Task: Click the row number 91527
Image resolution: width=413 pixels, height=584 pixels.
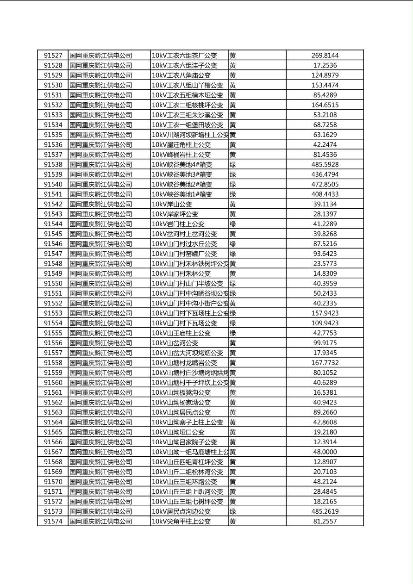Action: point(53,56)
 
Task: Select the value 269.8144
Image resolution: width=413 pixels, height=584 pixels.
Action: point(325,56)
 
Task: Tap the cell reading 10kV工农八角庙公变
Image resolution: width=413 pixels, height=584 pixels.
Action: point(181,75)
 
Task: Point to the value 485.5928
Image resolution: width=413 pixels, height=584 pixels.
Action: point(325,165)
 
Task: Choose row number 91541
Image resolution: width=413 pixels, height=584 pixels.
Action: point(53,194)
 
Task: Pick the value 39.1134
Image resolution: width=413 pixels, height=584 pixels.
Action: point(325,204)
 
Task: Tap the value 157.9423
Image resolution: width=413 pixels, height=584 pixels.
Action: point(325,313)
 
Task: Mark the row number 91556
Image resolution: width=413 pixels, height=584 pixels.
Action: point(53,343)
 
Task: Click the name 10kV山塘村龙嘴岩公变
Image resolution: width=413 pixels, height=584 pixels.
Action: point(184,363)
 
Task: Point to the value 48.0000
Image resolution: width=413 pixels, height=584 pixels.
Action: point(325,452)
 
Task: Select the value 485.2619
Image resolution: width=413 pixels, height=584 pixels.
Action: point(325,511)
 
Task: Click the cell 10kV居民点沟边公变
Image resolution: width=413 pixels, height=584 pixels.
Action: point(181,511)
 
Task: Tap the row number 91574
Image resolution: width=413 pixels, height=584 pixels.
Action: point(53,522)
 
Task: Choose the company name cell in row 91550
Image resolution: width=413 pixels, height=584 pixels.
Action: point(101,284)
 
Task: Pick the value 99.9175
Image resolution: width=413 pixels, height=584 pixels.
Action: point(325,343)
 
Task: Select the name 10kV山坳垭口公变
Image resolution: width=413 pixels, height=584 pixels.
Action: point(178,432)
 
